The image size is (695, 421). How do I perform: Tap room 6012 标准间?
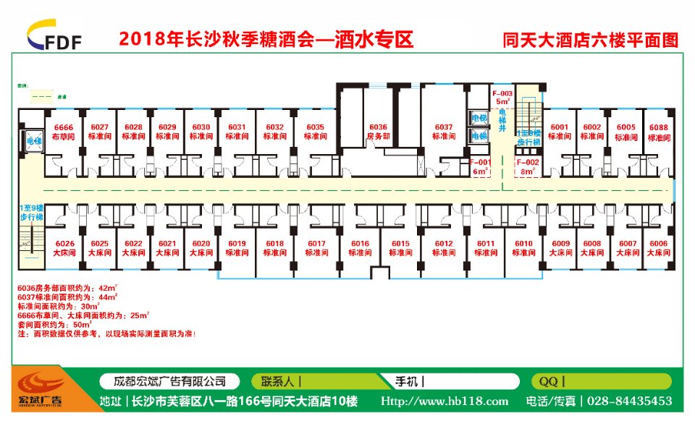tap(444, 247)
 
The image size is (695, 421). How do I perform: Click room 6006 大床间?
tap(658, 247)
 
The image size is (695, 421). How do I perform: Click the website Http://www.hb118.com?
tap(445, 401)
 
